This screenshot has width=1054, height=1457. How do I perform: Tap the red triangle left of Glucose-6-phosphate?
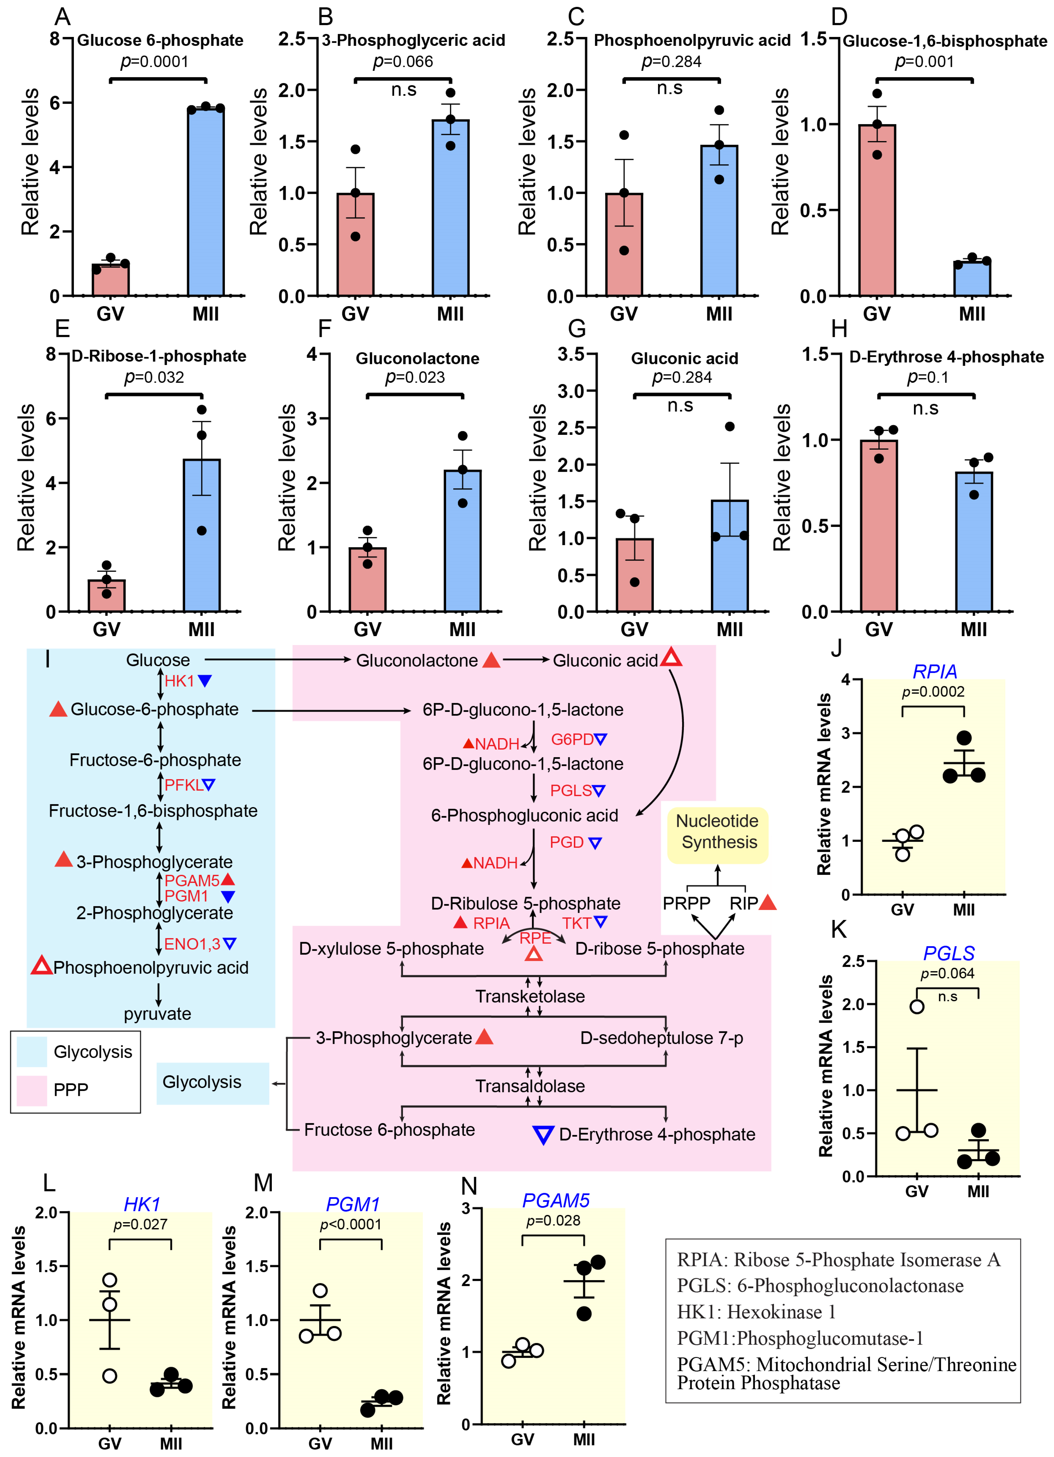tap(58, 709)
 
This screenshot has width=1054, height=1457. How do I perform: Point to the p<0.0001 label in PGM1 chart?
tap(350, 1224)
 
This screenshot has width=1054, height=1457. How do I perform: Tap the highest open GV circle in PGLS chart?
tap(917, 1007)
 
